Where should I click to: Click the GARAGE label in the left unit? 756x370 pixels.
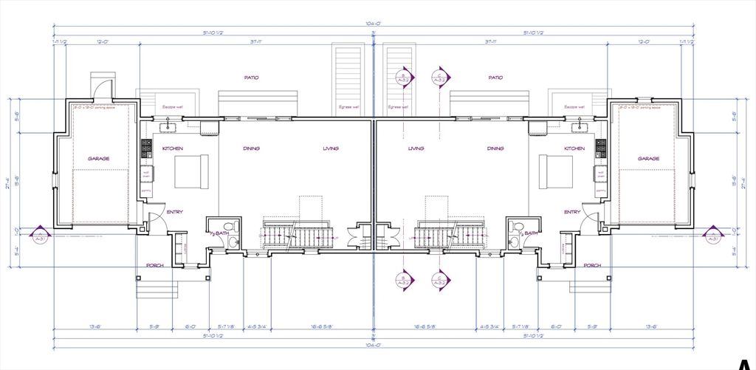point(98,159)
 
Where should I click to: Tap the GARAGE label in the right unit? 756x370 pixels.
point(648,159)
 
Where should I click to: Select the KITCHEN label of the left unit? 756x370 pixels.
point(172,148)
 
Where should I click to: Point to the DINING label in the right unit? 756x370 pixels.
point(495,148)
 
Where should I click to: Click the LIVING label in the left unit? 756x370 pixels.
point(331,148)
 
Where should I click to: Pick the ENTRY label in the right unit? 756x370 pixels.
point(572,212)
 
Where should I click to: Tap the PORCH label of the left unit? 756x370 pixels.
point(154,265)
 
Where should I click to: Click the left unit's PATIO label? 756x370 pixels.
point(251,77)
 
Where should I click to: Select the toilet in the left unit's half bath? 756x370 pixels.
point(230,226)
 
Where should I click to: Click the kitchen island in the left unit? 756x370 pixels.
point(191,171)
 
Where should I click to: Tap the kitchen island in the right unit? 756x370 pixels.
point(555,171)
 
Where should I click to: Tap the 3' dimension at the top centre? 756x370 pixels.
point(374,33)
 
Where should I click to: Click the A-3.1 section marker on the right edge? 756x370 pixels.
point(712,235)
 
